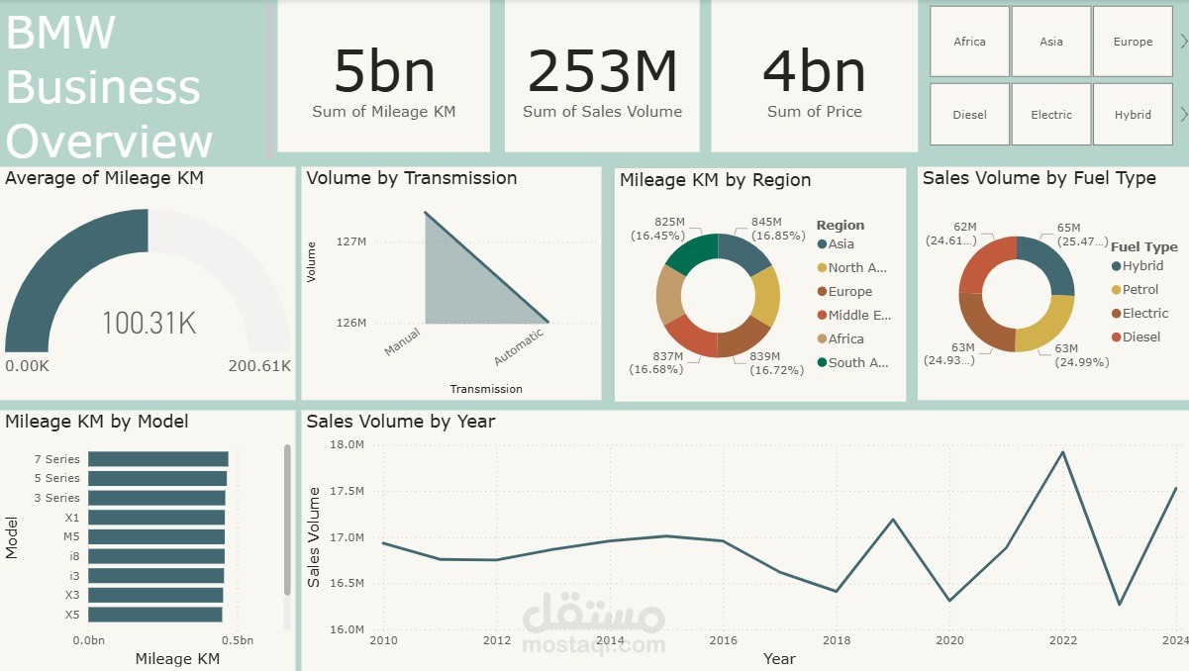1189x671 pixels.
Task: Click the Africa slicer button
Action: coord(969,42)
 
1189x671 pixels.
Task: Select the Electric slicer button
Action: coord(1051,115)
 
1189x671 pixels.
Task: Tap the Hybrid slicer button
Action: coord(1133,115)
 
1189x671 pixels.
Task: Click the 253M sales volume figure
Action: coord(602,71)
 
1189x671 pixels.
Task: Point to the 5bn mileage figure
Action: coord(384,71)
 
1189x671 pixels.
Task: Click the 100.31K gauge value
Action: coord(149,323)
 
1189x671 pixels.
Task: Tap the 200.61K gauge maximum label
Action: coord(259,366)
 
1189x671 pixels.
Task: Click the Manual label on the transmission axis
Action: coord(403,341)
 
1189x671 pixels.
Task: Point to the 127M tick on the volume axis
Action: coord(351,241)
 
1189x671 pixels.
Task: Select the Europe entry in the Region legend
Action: coord(850,292)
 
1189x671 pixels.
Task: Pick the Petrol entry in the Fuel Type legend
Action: coord(1140,290)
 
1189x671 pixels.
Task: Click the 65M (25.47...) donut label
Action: coord(1068,234)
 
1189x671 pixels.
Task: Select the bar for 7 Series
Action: coord(157,459)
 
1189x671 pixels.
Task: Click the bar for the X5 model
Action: coord(154,615)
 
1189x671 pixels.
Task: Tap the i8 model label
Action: coord(75,556)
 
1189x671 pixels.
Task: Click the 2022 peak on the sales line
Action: coord(1063,452)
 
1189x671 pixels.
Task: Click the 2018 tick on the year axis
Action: coord(837,641)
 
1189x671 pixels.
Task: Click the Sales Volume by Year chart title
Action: coord(400,422)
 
